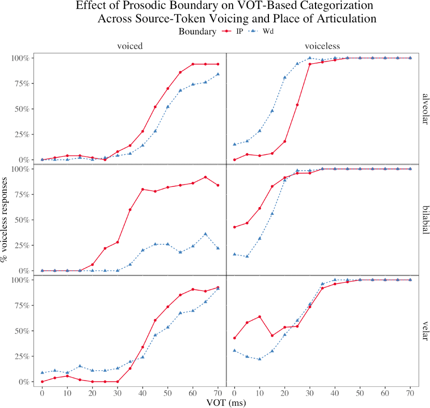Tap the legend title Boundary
click(x=197, y=32)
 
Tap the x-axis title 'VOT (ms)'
click(x=226, y=402)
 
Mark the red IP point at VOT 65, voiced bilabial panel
click(x=205, y=177)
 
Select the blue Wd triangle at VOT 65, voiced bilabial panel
click(x=205, y=234)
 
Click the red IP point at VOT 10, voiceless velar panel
click(x=259, y=316)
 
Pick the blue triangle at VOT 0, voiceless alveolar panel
click(x=234, y=144)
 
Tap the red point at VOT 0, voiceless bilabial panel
click(x=234, y=227)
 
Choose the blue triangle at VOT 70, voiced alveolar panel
click(x=218, y=74)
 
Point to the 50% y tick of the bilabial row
click(x=24, y=220)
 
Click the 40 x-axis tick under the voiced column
click(x=142, y=392)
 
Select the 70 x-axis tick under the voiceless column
click(x=410, y=392)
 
